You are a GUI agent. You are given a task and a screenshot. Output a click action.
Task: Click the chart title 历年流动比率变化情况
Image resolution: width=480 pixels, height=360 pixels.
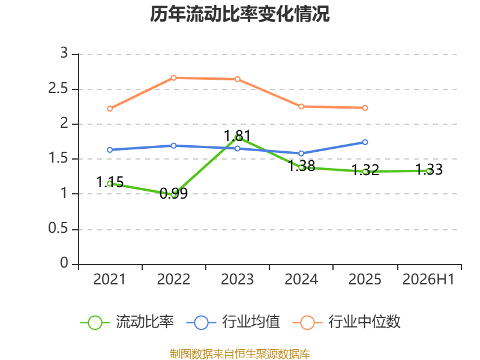coord(239,14)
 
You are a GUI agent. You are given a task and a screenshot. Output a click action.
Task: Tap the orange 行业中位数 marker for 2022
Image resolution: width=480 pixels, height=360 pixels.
coord(173,78)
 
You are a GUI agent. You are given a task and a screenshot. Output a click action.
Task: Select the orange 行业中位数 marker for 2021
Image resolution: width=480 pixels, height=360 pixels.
coord(110,109)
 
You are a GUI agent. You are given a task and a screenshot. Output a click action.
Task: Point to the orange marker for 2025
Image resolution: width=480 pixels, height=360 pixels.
coord(365,108)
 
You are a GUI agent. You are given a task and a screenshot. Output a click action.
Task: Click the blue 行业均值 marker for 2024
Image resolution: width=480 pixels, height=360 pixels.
coord(301,154)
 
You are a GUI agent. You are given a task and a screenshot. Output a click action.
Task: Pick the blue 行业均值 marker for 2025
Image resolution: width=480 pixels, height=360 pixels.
coord(365,142)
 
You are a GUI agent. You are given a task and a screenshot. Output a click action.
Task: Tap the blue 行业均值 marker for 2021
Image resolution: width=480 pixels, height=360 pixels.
coord(110,150)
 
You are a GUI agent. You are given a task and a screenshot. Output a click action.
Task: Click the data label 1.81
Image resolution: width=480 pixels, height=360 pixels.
coord(237,136)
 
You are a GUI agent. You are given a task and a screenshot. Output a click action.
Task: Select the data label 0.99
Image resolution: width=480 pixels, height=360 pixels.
coord(173,193)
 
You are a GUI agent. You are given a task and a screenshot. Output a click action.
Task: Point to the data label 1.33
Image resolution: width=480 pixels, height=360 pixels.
coord(429,170)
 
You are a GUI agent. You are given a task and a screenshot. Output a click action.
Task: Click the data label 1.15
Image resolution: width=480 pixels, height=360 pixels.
coord(110,182)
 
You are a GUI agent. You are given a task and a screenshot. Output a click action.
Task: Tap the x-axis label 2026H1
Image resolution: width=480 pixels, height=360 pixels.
coord(428,279)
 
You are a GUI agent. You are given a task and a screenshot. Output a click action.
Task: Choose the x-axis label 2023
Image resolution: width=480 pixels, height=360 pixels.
coord(237,279)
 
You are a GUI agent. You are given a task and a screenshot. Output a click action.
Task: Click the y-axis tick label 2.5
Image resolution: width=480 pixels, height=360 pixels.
coord(58,89)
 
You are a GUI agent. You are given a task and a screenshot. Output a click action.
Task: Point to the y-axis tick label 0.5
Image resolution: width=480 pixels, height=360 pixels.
coord(58,229)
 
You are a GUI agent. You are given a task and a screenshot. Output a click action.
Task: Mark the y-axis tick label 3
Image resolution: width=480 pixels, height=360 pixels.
coord(64,53)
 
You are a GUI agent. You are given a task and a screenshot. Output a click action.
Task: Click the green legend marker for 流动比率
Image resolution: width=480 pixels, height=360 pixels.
coord(95,323)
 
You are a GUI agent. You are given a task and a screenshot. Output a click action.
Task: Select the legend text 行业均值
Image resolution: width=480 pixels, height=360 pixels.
coord(251,322)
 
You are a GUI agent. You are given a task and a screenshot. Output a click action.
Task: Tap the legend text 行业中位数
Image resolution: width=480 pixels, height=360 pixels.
coord(365,322)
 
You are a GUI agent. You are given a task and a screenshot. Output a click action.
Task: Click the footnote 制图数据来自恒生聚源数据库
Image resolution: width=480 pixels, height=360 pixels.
coord(240,354)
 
